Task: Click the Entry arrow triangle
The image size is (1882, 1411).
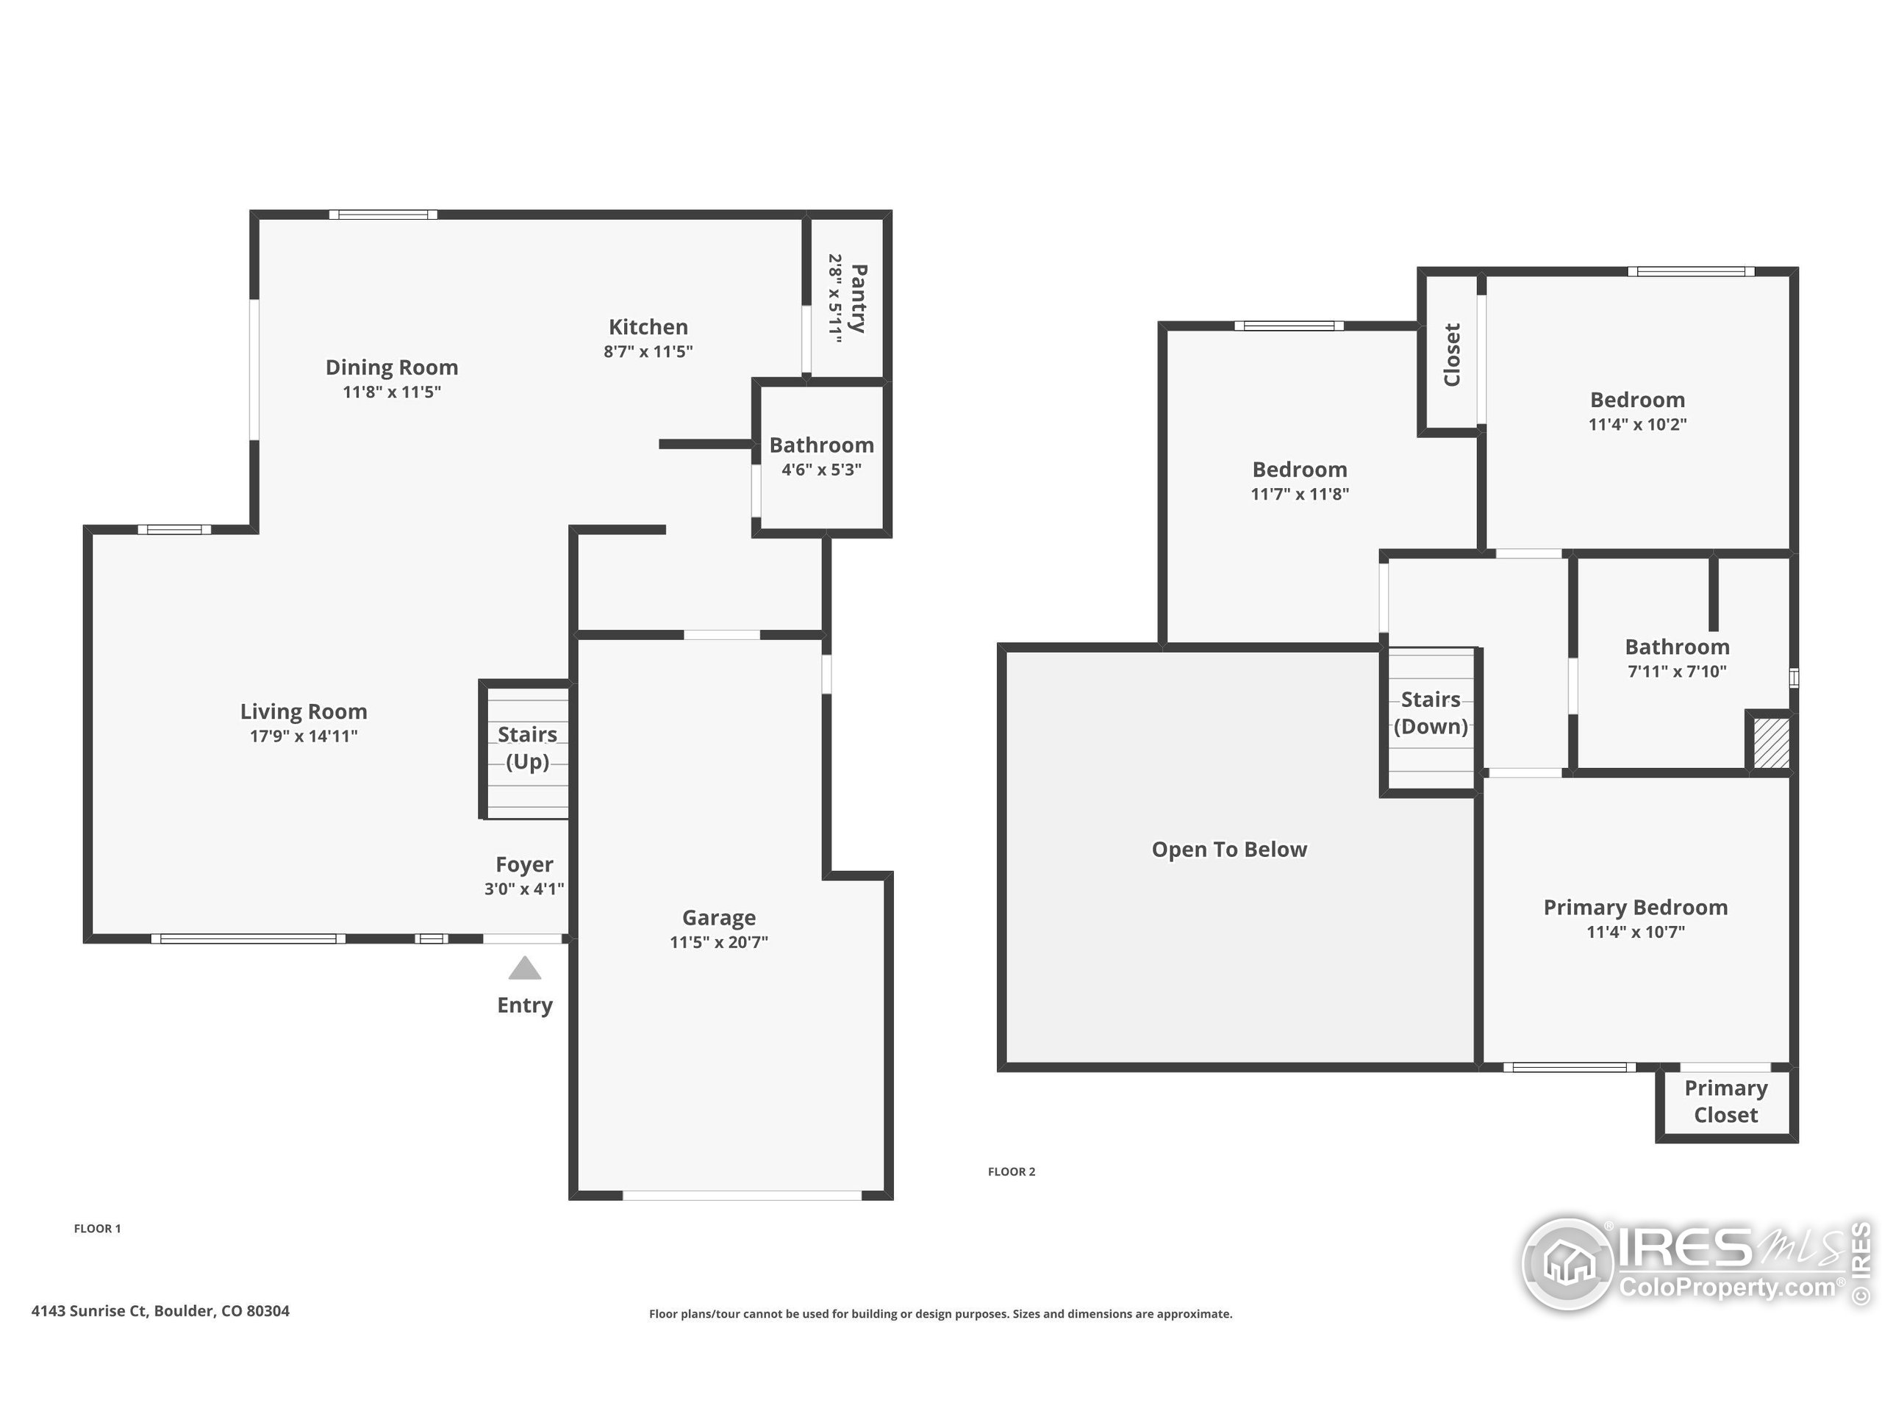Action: [x=525, y=969]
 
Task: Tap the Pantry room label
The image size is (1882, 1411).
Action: [x=859, y=298]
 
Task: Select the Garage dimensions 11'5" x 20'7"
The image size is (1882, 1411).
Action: [x=719, y=941]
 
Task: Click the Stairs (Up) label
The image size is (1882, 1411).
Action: [x=528, y=747]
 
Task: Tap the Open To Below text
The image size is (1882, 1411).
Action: [x=1228, y=849]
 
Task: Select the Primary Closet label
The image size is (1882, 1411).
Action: [x=1725, y=1101]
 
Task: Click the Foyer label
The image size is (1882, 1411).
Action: [x=524, y=864]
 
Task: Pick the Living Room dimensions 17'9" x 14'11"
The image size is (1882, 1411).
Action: [x=304, y=736]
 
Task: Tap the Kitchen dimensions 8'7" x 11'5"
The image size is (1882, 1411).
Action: [x=648, y=351]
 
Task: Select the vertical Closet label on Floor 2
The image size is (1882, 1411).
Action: [x=1451, y=355]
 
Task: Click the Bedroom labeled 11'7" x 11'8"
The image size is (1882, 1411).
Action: [x=1299, y=470]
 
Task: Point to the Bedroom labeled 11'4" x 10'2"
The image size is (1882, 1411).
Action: [x=1637, y=400]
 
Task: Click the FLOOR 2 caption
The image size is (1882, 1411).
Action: [x=1011, y=1171]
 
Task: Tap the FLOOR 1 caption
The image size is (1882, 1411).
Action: [x=97, y=1228]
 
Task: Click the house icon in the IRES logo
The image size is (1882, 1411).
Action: [x=1567, y=1263]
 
